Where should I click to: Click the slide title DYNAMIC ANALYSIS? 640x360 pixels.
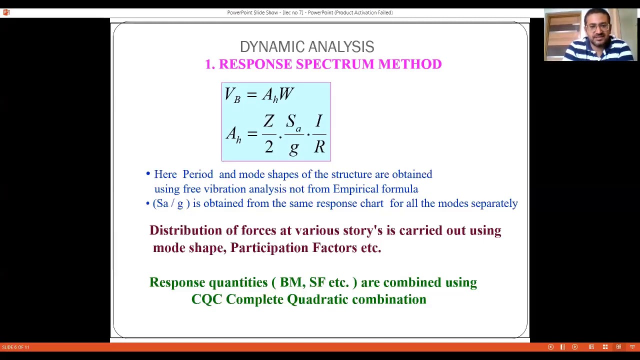[306, 47]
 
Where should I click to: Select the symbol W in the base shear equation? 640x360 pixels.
[286, 94]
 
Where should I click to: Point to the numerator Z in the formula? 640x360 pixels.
[269, 121]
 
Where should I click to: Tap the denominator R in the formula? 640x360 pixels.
[319, 146]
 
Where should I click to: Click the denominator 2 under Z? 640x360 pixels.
[269, 146]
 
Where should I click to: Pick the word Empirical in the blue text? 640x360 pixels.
[355, 189]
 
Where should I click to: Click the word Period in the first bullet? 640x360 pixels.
[197, 174]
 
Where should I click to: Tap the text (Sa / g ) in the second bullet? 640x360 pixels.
[171, 203]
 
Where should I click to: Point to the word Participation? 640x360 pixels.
[269, 248]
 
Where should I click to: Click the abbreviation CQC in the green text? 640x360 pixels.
[206, 299]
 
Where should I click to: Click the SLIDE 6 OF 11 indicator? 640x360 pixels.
[15, 347]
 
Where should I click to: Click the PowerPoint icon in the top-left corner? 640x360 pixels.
[6, 12]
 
